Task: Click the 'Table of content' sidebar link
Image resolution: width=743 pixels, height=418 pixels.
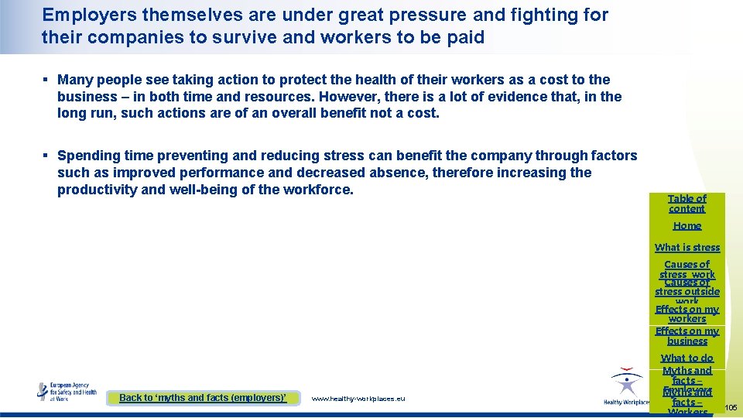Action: [x=687, y=204]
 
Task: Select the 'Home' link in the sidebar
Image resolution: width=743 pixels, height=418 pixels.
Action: [x=687, y=226]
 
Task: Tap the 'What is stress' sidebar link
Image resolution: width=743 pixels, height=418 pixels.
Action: [x=687, y=248]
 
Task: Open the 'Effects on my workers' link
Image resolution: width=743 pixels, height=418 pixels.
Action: [x=687, y=313]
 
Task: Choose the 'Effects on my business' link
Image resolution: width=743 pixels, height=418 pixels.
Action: [x=687, y=336]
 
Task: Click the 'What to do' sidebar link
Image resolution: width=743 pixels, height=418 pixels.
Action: [x=687, y=358]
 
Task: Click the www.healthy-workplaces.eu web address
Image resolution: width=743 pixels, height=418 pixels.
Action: [x=358, y=399]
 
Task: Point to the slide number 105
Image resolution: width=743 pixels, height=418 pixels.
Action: [x=731, y=407]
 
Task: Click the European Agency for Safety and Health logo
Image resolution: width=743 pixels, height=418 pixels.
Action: [x=67, y=391]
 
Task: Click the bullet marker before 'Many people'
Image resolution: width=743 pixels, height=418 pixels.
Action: [x=46, y=80]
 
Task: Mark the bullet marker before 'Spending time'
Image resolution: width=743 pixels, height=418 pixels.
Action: [x=46, y=156]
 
